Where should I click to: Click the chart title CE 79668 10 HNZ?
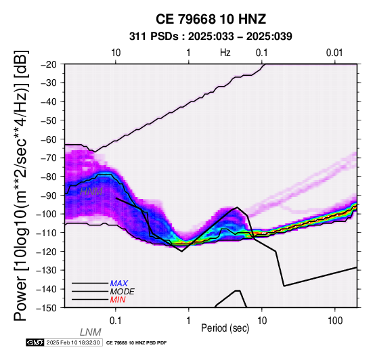tap(211, 19)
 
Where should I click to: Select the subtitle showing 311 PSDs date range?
tap(211, 37)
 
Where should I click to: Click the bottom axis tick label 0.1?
tap(116, 321)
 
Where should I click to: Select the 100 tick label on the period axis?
tap(335, 321)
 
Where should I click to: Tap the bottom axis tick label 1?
tap(189, 321)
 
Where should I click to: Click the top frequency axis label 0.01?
tap(334, 53)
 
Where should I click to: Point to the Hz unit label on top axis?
tap(225, 53)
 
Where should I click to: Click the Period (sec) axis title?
tap(225, 328)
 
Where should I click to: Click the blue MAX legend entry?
tap(119, 284)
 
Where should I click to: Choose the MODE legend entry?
tap(123, 292)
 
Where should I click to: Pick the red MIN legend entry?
tap(118, 300)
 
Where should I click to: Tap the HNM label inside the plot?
tap(91, 192)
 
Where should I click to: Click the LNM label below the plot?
tap(91, 332)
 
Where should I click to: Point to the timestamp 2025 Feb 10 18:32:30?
tap(73, 343)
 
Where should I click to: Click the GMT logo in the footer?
tap(35, 343)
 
